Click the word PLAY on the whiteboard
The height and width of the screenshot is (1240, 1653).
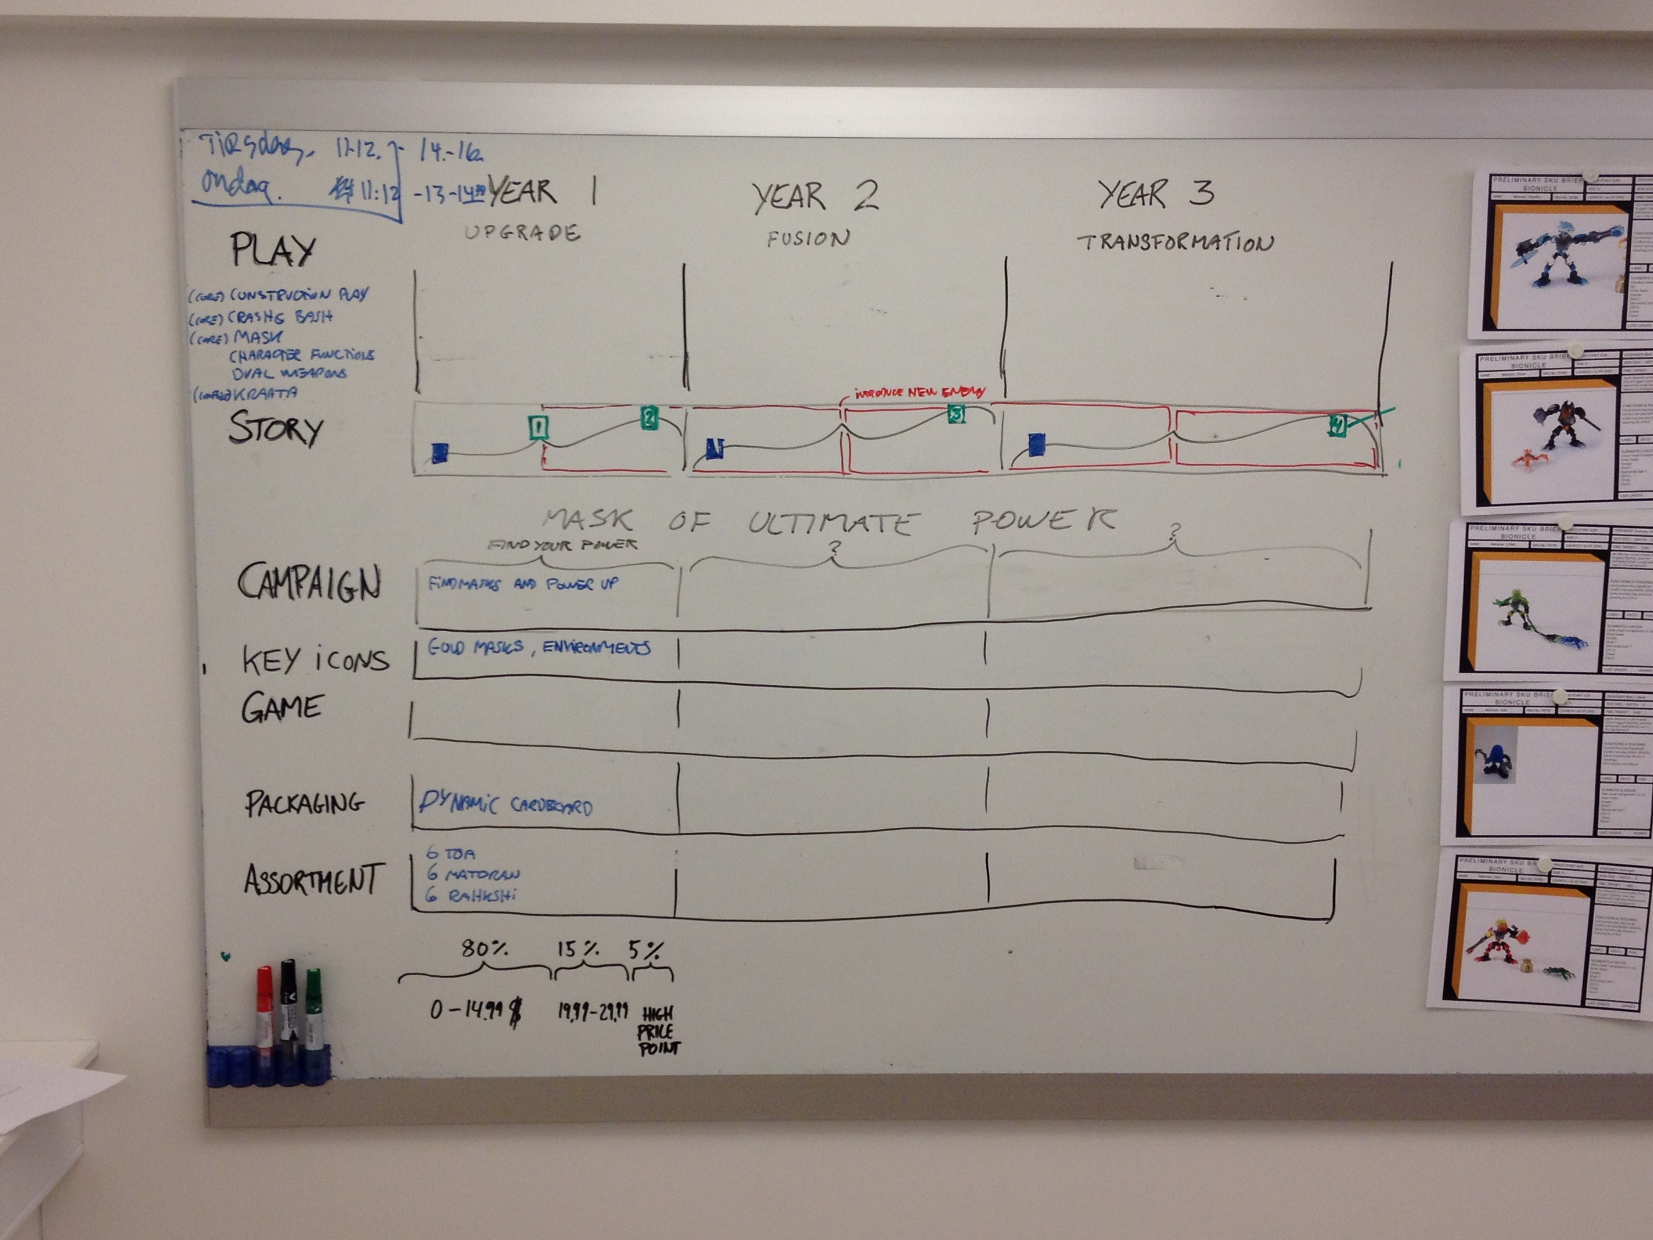coord(273,250)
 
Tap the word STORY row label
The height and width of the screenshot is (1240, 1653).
coord(275,429)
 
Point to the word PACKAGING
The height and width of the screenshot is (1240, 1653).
coord(305,803)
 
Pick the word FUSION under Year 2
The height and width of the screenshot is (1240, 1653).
coord(808,239)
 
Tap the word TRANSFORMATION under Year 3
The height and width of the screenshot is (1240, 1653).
coord(1175,242)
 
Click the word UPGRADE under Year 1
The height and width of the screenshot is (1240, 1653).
coord(522,232)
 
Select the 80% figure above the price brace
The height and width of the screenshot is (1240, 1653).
coord(484,949)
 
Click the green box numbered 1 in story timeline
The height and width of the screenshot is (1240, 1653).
coord(538,428)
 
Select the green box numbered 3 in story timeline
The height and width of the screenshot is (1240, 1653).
coord(956,413)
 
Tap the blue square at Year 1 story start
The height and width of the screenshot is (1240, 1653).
coord(440,452)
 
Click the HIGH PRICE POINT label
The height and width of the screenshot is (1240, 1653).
coord(658,1031)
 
